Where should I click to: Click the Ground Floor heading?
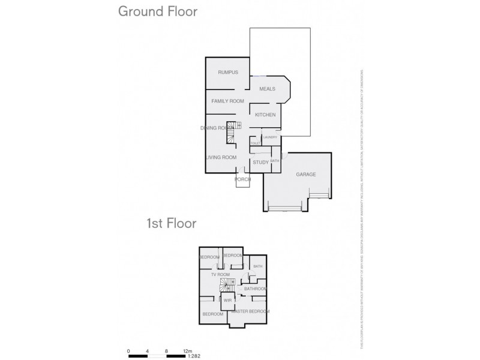(158, 11)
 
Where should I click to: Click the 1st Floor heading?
(172, 224)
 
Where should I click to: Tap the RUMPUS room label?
(228, 73)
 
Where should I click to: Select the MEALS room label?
(267, 89)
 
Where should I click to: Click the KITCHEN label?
(265, 115)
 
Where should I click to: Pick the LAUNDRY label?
(269, 137)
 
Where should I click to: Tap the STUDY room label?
(260, 162)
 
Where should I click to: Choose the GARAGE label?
(306, 175)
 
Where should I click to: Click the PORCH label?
(242, 179)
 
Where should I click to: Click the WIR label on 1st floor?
(228, 299)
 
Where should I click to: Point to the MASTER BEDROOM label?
(250, 311)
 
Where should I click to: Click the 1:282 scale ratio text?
(194, 356)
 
